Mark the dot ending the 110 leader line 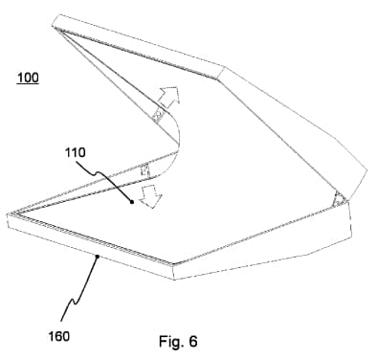click(x=129, y=204)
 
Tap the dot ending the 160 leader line click(x=97, y=258)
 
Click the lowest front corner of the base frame click(x=174, y=279)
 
